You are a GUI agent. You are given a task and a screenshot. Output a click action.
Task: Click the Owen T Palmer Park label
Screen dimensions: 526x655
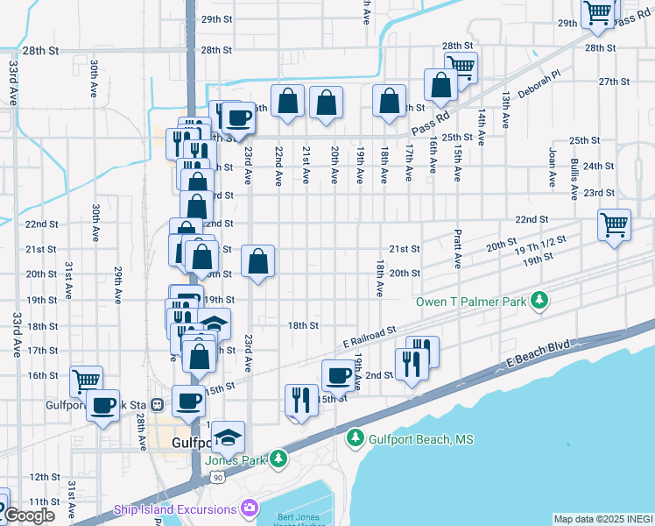pos(471,302)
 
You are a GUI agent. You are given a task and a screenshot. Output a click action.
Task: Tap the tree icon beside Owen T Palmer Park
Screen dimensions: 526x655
pos(541,302)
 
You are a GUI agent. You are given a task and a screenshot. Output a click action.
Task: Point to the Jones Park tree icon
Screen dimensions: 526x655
pos(278,458)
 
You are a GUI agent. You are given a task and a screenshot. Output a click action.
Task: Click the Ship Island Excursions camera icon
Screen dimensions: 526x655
pos(250,508)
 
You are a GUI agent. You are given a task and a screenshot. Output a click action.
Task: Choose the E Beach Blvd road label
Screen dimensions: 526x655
pos(536,353)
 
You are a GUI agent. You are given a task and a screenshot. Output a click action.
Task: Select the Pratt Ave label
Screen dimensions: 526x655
pos(457,249)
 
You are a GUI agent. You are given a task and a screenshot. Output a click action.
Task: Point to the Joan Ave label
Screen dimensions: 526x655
pos(553,167)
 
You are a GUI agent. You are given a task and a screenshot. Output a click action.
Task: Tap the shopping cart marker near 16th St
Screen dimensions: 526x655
pos(87,381)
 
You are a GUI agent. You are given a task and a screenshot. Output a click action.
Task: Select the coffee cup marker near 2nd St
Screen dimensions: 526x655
pos(338,375)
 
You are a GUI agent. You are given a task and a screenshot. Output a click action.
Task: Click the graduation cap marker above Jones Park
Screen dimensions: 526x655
pos(228,437)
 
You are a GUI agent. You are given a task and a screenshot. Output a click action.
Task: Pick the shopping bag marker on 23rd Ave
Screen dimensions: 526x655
pos(257,261)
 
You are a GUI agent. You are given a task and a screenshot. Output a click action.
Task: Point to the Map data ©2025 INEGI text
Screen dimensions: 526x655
pos(603,519)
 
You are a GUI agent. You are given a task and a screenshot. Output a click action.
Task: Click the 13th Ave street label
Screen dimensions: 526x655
pos(505,110)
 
